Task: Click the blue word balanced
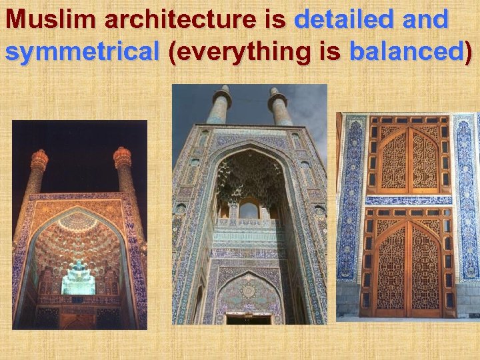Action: (x=407, y=51)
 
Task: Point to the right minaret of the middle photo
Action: (x=279, y=107)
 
